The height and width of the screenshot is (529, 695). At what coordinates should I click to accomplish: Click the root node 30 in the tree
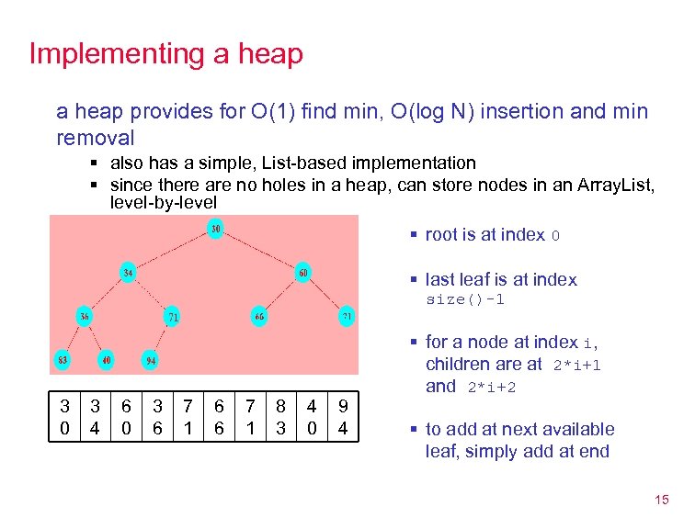pyautogui.click(x=214, y=228)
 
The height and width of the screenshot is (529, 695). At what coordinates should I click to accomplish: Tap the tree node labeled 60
pyautogui.click(x=302, y=272)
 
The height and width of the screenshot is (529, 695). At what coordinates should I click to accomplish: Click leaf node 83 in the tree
pyautogui.click(x=63, y=359)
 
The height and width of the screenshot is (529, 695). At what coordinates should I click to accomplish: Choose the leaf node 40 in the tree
pyautogui.click(x=107, y=359)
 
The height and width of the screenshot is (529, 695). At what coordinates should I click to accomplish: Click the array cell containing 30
pyautogui.click(x=64, y=416)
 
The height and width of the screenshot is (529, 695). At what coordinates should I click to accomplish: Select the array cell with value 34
pyautogui.click(x=96, y=416)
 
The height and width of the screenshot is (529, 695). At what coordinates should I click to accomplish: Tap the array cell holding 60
pyautogui.click(x=126, y=416)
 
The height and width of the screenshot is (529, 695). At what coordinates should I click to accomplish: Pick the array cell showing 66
pyautogui.click(x=219, y=416)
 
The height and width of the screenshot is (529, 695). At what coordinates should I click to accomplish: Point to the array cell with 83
pyautogui.click(x=281, y=416)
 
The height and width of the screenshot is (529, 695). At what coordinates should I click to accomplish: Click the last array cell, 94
pyautogui.click(x=343, y=416)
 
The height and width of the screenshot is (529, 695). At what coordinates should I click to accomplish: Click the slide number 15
pyautogui.click(x=661, y=501)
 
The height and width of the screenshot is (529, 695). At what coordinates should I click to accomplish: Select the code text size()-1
pyautogui.click(x=465, y=300)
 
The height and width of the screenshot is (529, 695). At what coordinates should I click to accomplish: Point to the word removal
pyautogui.click(x=96, y=138)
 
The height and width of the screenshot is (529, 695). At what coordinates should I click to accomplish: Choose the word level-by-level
pyautogui.click(x=164, y=202)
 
